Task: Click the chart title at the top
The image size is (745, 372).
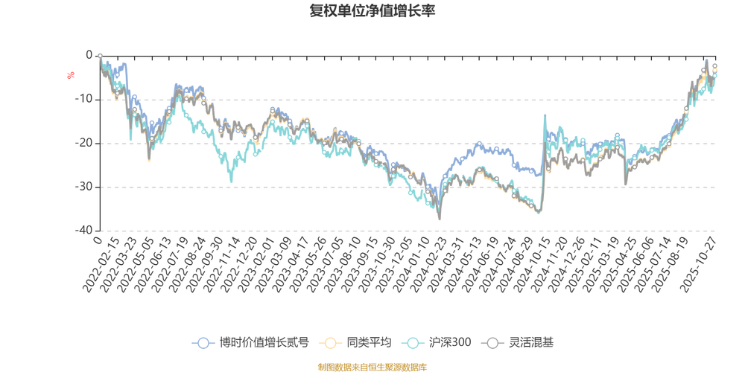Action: point(372,10)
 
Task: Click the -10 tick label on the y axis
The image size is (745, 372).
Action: point(87,98)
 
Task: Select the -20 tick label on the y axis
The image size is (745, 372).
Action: point(87,142)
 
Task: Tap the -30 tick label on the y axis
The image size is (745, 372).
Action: point(87,186)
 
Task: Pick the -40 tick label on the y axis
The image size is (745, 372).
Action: point(87,230)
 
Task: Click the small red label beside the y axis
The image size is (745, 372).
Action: point(72,74)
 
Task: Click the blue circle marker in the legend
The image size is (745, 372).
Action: point(202,343)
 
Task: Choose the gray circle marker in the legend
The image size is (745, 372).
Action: point(493,343)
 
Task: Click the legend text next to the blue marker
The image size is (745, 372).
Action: point(264,343)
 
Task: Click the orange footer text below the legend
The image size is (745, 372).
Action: point(372,366)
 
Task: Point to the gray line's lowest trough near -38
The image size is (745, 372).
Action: point(440,219)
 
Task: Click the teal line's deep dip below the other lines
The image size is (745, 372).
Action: point(231,181)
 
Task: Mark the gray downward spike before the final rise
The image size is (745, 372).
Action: point(625,183)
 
